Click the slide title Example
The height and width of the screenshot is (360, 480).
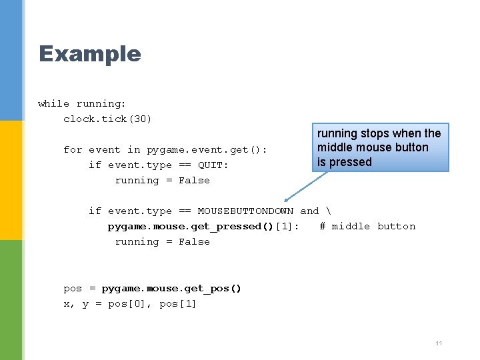click(x=89, y=53)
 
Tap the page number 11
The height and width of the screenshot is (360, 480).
click(x=438, y=343)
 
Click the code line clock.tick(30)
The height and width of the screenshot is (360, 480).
click(x=107, y=119)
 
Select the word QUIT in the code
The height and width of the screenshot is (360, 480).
click(x=213, y=165)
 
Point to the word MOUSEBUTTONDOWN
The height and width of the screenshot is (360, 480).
click(x=245, y=211)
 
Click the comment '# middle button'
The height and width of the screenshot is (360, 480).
click(x=367, y=226)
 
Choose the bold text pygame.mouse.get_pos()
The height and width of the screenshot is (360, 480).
click(x=172, y=288)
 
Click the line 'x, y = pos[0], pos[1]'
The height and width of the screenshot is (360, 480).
click(x=130, y=303)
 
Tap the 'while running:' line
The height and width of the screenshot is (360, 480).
click(x=82, y=103)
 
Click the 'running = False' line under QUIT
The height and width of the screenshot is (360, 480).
click(x=162, y=180)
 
